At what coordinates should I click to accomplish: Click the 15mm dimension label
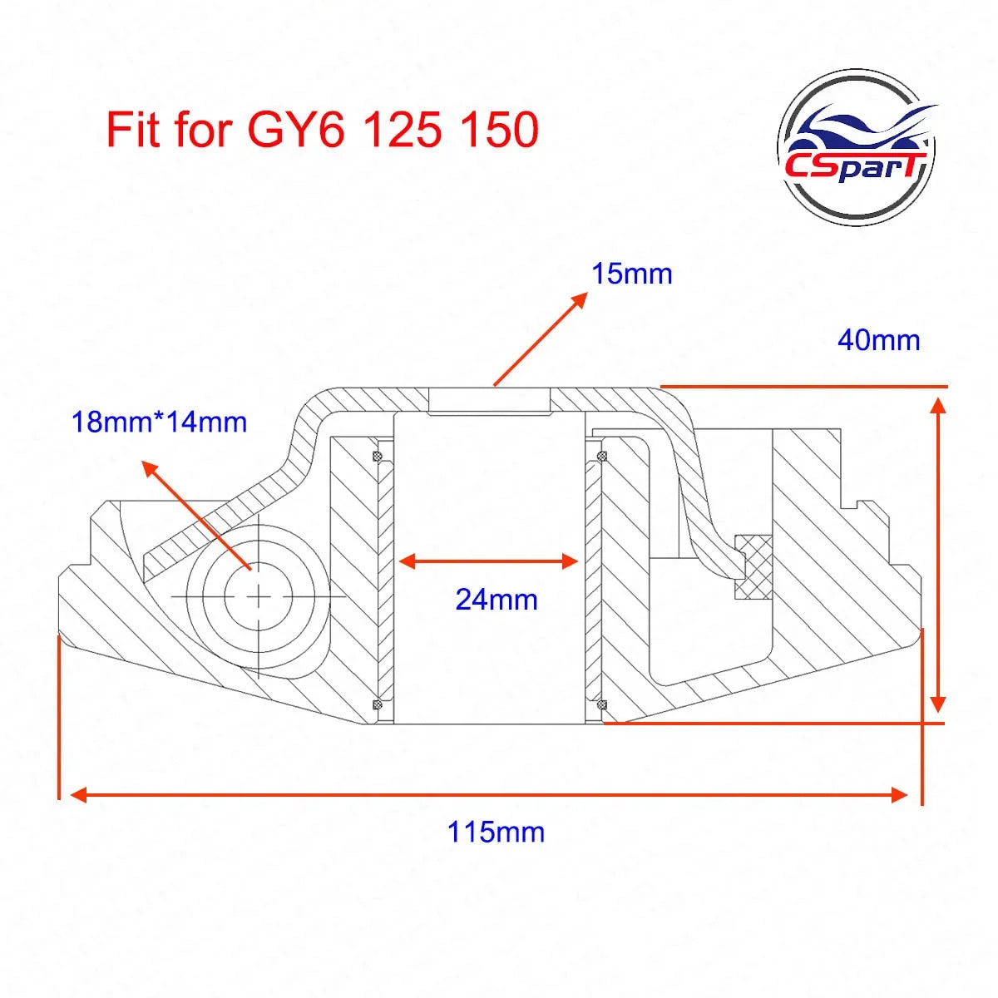click(x=631, y=274)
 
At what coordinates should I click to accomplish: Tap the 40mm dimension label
click(x=878, y=340)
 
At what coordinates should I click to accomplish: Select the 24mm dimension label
click(x=497, y=600)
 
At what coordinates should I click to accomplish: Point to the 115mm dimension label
click(x=496, y=832)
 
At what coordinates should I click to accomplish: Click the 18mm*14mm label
click(x=159, y=422)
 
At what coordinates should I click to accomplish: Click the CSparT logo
click(x=857, y=146)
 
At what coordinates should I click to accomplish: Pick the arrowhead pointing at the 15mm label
click(x=579, y=300)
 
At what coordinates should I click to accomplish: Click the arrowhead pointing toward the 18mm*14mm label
click(x=151, y=472)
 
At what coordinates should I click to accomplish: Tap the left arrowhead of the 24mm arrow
click(x=407, y=561)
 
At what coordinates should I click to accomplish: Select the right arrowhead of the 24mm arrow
click(x=571, y=561)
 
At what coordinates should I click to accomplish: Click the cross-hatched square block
click(x=753, y=568)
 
